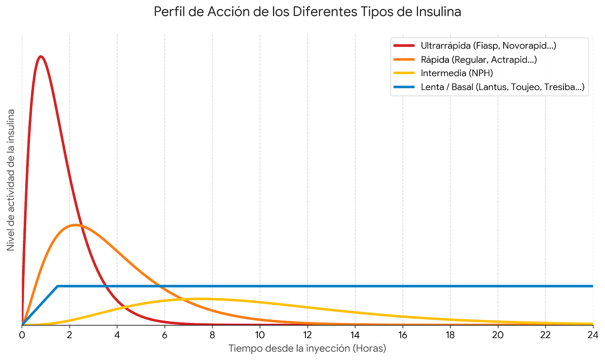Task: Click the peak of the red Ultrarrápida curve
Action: point(41,56)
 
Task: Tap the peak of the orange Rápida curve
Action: point(75,225)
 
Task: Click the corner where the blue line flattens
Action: point(58,286)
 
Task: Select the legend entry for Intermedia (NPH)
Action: point(457,73)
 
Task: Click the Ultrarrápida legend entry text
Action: point(488,46)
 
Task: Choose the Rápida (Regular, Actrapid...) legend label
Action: point(479,60)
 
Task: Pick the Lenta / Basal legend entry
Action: point(503,87)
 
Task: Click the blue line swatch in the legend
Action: point(404,87)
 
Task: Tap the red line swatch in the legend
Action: point(404,46)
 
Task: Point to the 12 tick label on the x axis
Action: point(307,335)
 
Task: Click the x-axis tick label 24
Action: point(593,335)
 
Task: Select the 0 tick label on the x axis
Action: point(22,335)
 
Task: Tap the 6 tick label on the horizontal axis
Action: point(165,335)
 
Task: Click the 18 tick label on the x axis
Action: point(450,335)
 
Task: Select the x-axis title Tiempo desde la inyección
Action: point(307,348)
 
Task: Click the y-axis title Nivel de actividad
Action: point(11,180)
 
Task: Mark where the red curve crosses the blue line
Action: point(106,286)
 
